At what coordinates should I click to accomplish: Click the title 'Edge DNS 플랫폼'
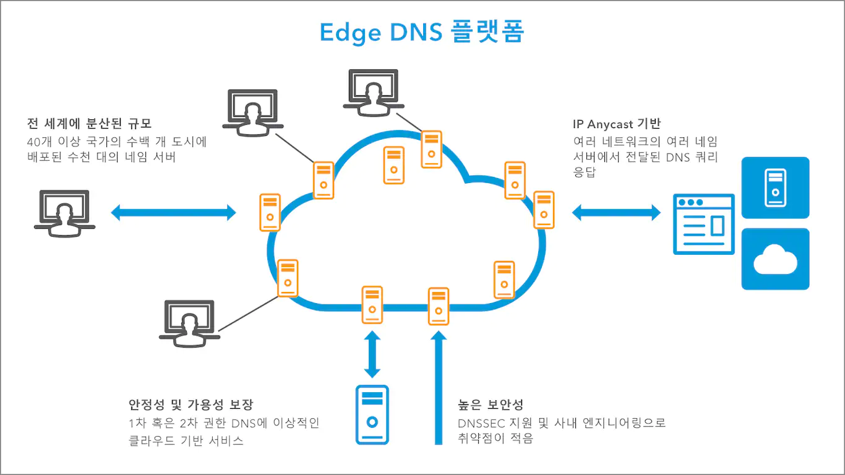422,32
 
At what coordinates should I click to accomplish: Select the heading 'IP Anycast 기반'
617,124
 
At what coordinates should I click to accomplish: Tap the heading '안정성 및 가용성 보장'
191,405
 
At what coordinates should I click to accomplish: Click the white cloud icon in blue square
775,259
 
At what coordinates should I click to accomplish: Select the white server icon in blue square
775,187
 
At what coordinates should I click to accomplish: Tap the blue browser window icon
704,224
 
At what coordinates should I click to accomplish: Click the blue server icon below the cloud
372,414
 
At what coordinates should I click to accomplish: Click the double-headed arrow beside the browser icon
616,213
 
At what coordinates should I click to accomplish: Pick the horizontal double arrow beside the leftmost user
174,213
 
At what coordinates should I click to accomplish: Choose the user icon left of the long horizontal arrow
64,212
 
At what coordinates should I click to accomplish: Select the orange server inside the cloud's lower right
504,280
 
